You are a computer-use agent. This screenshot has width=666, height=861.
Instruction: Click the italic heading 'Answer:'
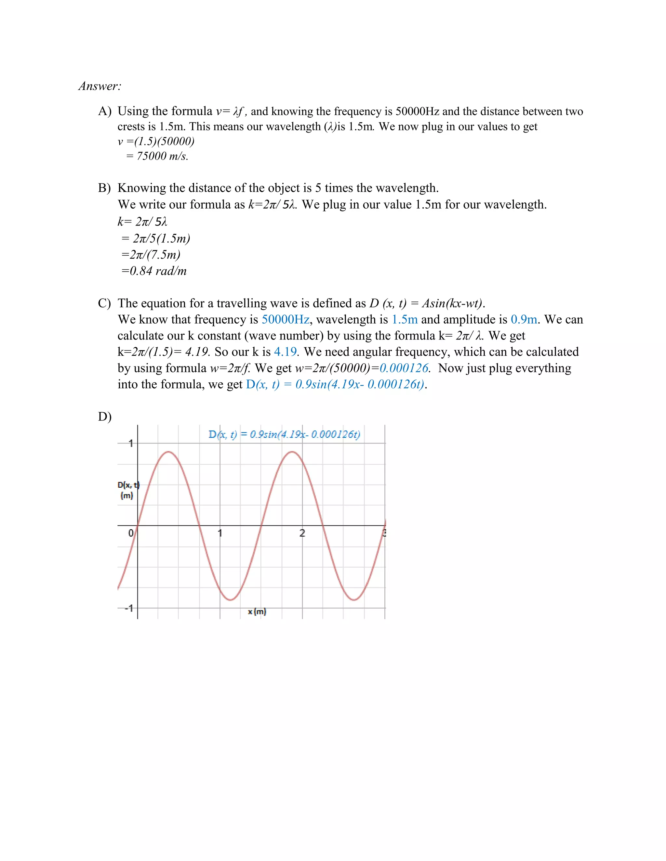tap(100, 86)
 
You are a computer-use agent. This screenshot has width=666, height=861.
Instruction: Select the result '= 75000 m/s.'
tap(157, 156)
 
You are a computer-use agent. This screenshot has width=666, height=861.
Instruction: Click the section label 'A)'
tap(105, 111)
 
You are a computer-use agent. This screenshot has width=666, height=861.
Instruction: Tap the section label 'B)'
tap(105, 188)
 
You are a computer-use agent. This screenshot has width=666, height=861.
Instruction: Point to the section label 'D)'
tap(105, 417)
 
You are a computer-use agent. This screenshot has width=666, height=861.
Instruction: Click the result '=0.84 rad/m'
tap(154, 271)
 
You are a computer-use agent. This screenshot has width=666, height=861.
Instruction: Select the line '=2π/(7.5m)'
tap(151, 255)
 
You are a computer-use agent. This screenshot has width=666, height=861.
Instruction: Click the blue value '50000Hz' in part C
tap(285, 319)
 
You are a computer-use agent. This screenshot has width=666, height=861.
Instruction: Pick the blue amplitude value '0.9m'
tap(524, 319)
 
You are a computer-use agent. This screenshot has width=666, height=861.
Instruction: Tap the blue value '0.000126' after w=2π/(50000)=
tap(404, 368)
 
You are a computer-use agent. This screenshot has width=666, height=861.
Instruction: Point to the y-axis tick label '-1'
tap(129, 608)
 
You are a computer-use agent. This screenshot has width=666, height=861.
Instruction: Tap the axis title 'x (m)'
tap(257, 611)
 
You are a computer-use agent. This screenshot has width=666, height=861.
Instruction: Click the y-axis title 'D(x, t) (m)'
tap(128, 490)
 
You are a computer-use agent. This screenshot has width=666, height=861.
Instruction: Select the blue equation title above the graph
tap(284, 434)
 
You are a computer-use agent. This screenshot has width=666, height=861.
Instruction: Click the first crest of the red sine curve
tap(168, 452)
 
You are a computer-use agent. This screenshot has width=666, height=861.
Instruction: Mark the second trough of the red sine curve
tap(354, 600)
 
